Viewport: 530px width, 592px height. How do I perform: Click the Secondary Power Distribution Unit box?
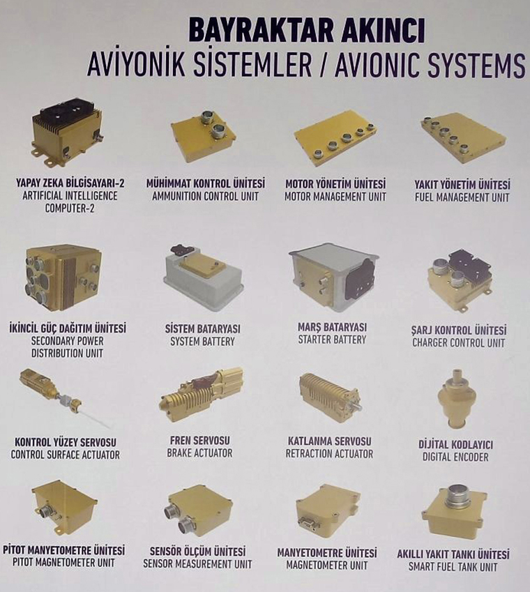click(62, 277)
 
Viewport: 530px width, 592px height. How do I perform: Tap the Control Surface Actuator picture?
click(64, 397)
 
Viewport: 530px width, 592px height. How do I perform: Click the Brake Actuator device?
click(202, 394)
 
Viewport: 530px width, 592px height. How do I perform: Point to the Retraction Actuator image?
click(329, 397)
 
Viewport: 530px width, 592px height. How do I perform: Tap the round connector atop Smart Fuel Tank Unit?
click(458, 497)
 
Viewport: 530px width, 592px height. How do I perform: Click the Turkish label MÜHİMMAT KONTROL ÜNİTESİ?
click(206, 183)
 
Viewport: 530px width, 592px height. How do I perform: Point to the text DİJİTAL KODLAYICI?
click(455, 444)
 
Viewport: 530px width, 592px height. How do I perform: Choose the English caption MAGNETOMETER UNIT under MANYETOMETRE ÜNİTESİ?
click(326, 566)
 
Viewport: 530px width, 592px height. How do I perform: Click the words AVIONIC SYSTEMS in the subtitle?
click(430, 65)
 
